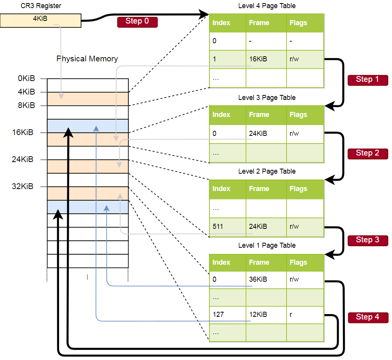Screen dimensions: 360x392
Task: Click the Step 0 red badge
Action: (137, 22)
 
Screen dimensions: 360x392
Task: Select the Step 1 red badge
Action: (367, 80)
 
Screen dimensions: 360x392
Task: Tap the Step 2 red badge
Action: (367, 154)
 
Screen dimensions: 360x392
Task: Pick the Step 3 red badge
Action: (367, 240)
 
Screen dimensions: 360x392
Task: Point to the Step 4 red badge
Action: (367, 318)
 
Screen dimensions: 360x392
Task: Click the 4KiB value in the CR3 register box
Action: (40, 19)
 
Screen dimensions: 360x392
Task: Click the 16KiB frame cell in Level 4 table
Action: (258, 60)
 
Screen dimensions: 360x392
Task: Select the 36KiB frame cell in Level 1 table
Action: (258, 280)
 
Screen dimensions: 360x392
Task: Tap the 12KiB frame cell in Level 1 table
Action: (258, 314)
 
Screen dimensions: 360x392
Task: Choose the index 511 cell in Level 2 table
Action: (218, 226)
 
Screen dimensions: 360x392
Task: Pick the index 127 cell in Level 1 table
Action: (218, 314)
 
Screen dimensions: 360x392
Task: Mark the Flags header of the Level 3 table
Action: (298, 115)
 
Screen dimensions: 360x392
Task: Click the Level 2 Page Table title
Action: (267, 171)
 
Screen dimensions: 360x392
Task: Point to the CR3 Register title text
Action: (41, 6)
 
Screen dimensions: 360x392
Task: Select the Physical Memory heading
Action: (87, 59)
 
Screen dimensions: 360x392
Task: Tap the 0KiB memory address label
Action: (26, 79)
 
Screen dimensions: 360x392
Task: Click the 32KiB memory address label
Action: (23, 187)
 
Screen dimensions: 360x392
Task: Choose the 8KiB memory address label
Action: (26, 105)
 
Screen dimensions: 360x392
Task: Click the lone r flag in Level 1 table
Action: (291, 314)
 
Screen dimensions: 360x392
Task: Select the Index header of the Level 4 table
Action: (221, 23)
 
